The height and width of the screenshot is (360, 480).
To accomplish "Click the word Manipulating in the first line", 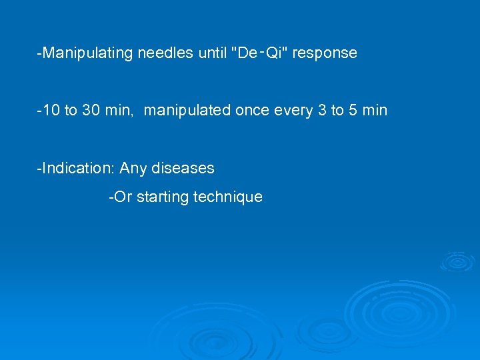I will [88, 53].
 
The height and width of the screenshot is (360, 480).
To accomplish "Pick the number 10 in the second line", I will [51, 111].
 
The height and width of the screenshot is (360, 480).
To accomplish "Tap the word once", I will [251, 111].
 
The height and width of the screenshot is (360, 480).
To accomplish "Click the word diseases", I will [183, 169].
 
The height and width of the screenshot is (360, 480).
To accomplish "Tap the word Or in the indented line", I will [123, 197].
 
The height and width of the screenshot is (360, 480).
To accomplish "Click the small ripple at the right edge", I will [457, 261].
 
